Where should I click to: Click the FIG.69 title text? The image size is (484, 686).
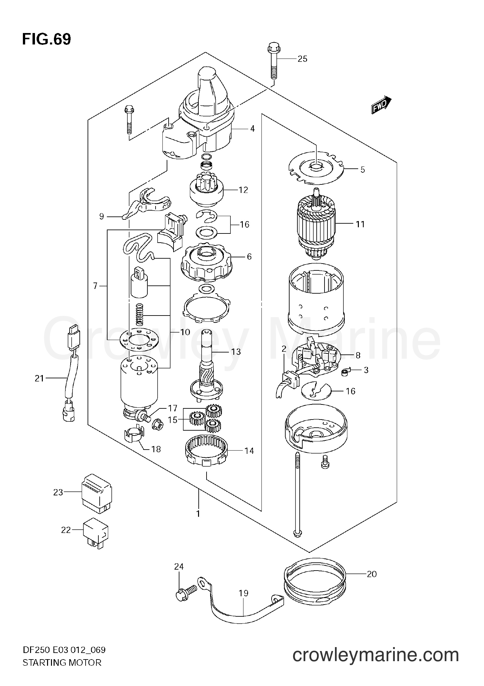tap(46, 40)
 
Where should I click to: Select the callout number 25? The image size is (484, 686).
tap(302, 59)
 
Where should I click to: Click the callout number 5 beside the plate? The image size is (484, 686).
tap(362, 170)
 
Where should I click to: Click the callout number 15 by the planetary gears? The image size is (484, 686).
tap(173, 420)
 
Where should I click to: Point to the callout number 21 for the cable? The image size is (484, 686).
tap(40, 379)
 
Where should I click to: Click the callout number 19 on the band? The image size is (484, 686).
tap(243, 593)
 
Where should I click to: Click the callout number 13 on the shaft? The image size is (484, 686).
tap(236, 352)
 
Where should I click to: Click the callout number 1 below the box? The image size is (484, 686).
tap(198, 514)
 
